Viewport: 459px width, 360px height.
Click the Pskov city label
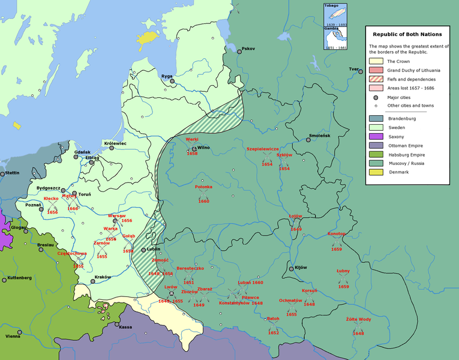[248, 49]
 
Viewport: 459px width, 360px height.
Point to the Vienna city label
[13, 337]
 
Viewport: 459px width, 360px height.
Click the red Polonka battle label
[203, 187]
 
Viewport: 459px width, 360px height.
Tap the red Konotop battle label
[337, 233]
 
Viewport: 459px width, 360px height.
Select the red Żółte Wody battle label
[358, 319]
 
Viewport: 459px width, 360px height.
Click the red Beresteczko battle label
[190, 268]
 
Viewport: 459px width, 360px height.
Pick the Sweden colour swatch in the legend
[376, 128]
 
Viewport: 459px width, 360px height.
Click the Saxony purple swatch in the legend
[376, 137]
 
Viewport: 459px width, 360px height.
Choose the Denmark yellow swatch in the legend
[376, 172]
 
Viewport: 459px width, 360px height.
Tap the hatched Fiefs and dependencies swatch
[376, 79]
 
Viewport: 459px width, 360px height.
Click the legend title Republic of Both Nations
[407, 34]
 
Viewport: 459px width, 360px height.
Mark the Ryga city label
[166, 76]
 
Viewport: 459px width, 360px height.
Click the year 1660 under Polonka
[203, 201]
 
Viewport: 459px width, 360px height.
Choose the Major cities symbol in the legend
[376, 97]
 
